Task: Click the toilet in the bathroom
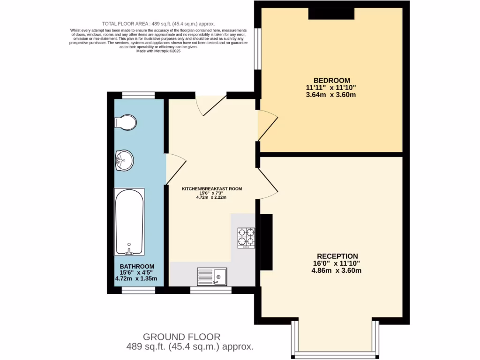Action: click(125, 123)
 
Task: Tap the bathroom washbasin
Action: click(124, 160)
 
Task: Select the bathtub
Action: click(129, 221)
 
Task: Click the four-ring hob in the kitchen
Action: click(246, 237)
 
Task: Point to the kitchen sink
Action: click(212, 276)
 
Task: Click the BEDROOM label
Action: click(332, 80)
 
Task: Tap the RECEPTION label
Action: click(337, 256)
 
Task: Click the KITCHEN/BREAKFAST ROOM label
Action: click(212, 189)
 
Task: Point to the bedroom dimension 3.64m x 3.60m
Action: click(332, 95)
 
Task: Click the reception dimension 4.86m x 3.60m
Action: click(337, 270)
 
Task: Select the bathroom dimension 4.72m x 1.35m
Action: click(136, 279)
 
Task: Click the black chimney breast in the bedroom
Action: click(331, 14)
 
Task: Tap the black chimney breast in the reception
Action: click(266, 241)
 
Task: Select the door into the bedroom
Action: click(267, 125)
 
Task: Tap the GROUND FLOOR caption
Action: click(181, 337)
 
